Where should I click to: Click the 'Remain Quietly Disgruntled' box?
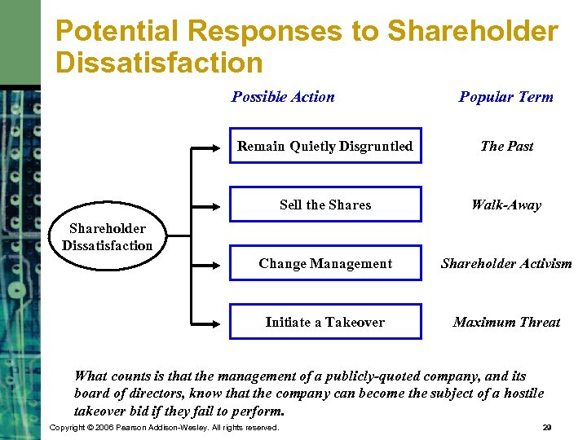pos(325,147)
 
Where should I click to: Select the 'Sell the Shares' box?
pos(325,205)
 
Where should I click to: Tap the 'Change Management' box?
pos(325,263)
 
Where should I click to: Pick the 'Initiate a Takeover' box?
pos(325,322)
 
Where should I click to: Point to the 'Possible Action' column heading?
pos(283,97)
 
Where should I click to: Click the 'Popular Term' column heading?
pos(505,97)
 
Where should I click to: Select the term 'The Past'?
pos(506,147)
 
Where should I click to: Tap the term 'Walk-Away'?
pos(506,205)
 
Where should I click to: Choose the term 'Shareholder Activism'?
pos(506,263)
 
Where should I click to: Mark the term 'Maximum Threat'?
pos(506,322)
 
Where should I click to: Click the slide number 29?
pos(546,427)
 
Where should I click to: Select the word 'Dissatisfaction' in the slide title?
pos(159,63)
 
